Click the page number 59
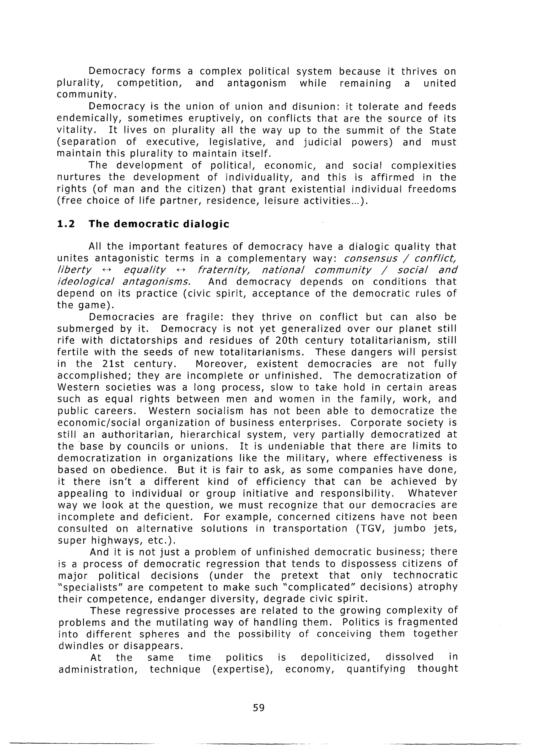coord(259,708)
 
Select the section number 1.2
coord(66,224)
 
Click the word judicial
coord(323,142)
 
